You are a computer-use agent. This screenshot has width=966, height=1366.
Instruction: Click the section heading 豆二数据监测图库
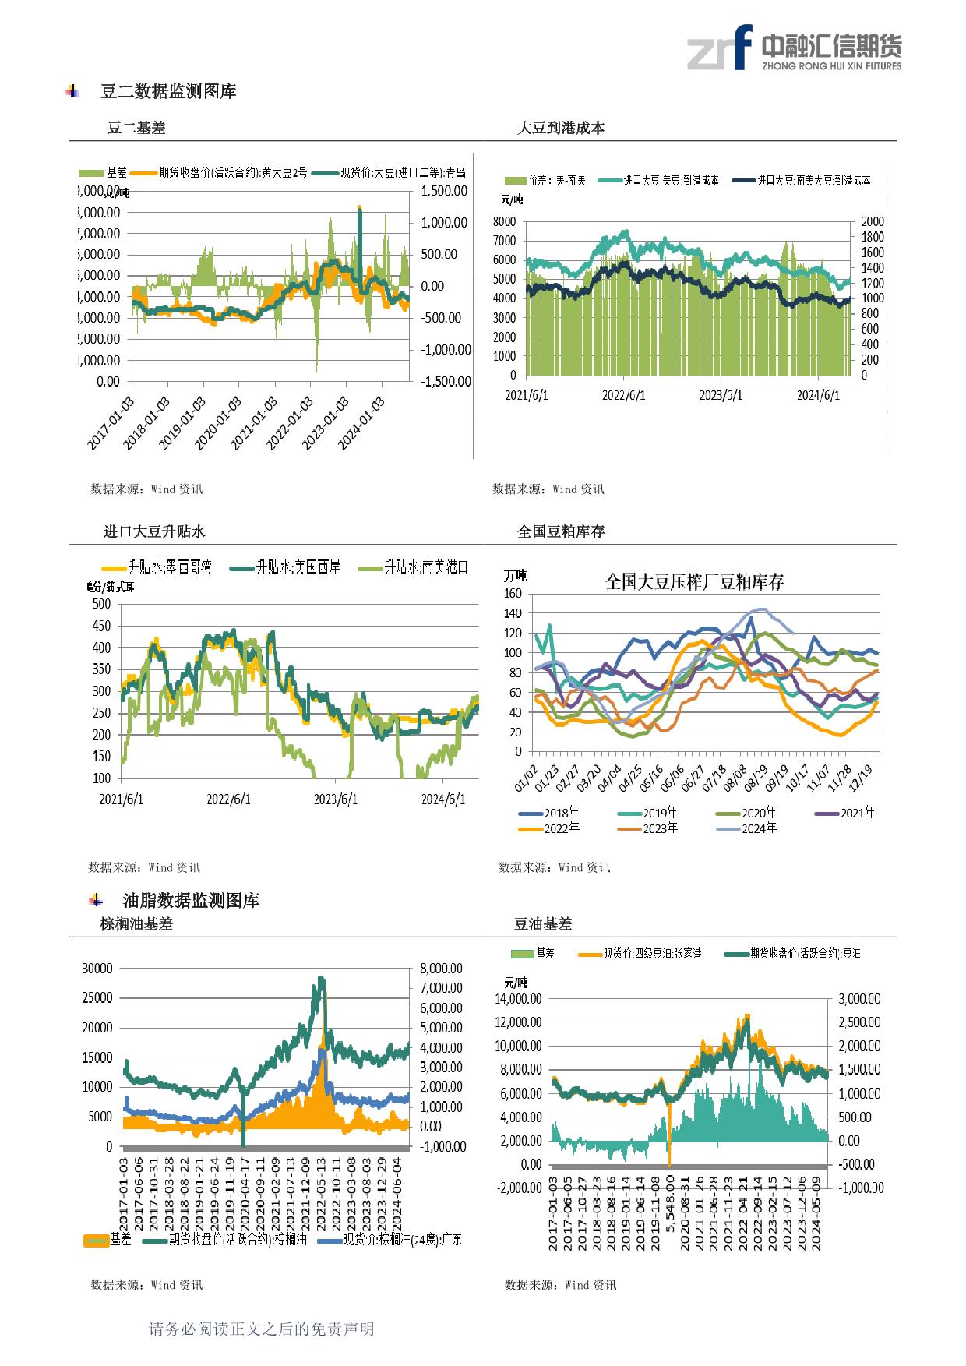[168, 92]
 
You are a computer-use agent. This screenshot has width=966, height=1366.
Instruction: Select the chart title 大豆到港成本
[561, 129]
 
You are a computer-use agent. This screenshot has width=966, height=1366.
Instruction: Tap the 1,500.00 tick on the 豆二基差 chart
[443, 191]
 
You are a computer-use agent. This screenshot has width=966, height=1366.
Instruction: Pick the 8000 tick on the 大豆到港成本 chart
[504, 222]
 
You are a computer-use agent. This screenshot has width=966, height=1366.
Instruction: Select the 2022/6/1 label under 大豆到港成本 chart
[623, 395]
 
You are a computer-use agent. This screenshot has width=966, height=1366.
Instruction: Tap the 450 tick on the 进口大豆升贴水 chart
[101, 626]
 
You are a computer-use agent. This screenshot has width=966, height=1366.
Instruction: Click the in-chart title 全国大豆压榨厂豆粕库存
[694, 582]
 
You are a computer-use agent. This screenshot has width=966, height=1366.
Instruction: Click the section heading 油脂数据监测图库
[191, 901]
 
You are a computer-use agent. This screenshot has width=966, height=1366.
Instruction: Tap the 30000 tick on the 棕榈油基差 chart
[97, 968]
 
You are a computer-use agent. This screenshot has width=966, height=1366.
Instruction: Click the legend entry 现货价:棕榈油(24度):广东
[402, 1239]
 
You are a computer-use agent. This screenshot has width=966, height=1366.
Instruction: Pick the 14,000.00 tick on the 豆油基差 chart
[519, 999]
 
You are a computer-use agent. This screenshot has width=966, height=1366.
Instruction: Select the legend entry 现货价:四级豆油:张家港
[652, 953]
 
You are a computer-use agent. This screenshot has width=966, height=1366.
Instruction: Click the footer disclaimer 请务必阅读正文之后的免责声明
[261, 1329]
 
